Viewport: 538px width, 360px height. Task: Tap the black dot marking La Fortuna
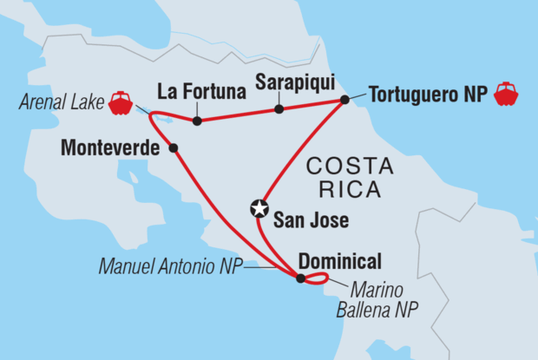(x=198, y=121)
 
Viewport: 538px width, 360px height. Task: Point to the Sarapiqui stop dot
(x=279, y=109)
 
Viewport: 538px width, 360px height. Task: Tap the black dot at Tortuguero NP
(x=344, y=101)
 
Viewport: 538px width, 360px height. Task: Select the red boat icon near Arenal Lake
(x=121, y=103)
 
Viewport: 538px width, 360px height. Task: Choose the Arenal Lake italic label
(x=60, y=104)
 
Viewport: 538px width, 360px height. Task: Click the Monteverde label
(x=109, y=148)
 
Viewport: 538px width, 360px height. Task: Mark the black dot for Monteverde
(x=174, y=148)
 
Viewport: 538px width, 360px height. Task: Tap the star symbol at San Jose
(x=258, y=208)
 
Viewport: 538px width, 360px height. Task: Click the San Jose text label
(x=311, y=221)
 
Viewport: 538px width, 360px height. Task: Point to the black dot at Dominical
(x=300, y=278)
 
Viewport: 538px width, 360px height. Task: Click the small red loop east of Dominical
(x=318, y=278)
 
